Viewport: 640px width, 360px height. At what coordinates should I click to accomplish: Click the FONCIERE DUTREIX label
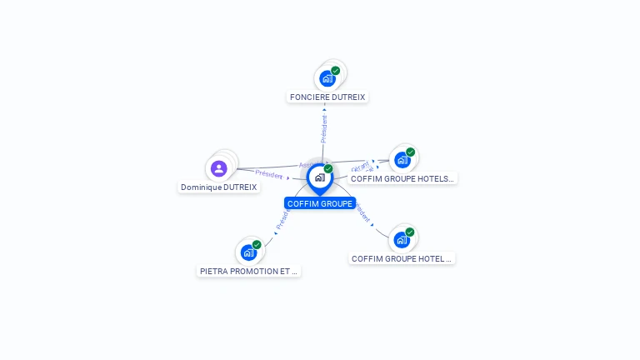[327, 97]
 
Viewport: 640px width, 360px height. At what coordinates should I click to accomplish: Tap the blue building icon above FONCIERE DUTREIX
[327, 78]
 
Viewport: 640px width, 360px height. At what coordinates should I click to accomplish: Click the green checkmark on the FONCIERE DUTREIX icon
[336, 71]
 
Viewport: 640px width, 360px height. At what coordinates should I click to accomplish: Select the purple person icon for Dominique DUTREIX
[219, 168]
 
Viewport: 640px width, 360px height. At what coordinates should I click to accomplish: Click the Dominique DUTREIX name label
[219, 187]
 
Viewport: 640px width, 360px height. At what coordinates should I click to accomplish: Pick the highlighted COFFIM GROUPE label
[319, 203]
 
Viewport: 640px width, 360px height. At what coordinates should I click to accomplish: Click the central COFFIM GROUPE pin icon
[319, 177]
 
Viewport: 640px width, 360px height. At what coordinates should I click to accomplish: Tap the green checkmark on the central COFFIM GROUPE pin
[328, 169]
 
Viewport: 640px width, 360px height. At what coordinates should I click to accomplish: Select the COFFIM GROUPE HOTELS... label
[402, 178]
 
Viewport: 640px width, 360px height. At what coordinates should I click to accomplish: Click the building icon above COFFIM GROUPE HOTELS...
[402, 160]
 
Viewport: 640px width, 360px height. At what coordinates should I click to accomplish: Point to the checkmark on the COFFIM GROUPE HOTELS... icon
[411, 152]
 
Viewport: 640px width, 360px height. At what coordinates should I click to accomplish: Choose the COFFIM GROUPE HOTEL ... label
[402, 258]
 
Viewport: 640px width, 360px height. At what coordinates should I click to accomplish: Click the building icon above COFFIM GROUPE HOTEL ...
[402, 240]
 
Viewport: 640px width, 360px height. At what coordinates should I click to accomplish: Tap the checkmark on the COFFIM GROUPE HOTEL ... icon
[410, 232]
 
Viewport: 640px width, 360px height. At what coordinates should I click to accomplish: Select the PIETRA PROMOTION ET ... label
[248, 271]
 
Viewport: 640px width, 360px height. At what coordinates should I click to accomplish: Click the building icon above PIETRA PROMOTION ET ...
[248, 252]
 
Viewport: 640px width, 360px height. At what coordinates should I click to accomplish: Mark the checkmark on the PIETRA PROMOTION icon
[257, 245]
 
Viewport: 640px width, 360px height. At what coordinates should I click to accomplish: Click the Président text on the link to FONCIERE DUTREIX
[324, 127]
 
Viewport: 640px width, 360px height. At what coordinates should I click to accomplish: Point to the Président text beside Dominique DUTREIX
[269, 174]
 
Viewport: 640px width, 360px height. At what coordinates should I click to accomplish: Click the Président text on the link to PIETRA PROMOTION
[282, 220]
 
